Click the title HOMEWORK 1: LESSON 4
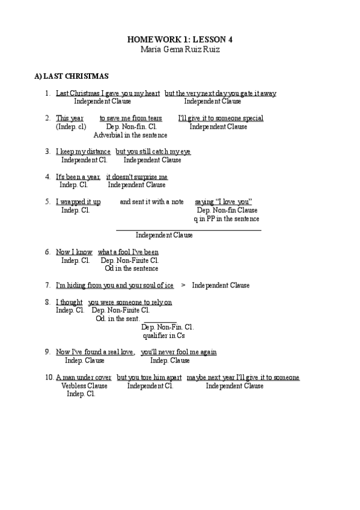pos(180,39)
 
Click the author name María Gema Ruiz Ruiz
pos(180,49)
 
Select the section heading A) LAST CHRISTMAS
pos(72,76)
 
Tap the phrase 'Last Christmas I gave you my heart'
pos(108,93)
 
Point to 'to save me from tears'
pos(130,118)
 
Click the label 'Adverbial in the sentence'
pos(130,135)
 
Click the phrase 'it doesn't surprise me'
pos(137,177)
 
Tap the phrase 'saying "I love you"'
pos(223,201)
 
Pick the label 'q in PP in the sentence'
pos(226,219)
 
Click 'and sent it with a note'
pos(151,201)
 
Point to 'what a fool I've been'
pos(128,251)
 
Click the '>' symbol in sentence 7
pos(183,285)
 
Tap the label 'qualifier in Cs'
pos(163,336)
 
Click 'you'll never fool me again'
pos(178,352)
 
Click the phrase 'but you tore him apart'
pos(149,378)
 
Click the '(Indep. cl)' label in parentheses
pos(71,127)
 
